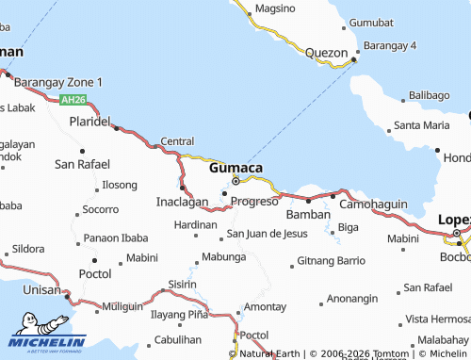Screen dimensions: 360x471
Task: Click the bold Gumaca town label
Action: (235, 167)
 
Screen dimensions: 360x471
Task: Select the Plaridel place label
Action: (89, 123)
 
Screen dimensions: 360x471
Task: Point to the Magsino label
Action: (275, 8)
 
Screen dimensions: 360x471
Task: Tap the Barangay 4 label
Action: (390, 45)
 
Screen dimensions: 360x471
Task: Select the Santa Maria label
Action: (421, 124)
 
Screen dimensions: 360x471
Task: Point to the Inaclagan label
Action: (182, 202)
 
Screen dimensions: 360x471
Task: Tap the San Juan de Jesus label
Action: (266, 233)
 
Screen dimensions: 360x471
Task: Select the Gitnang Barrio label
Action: (331, 259)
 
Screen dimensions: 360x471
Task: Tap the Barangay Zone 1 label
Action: (58, 82)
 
